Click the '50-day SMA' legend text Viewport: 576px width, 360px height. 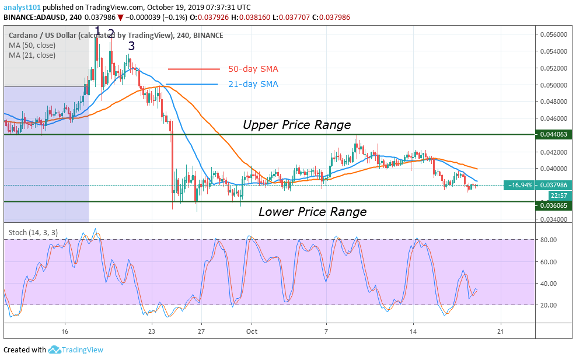point(253,69)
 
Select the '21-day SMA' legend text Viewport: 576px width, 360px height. point(253,84)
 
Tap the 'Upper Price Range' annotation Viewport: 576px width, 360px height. point(296,125)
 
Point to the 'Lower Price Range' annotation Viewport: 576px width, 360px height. point(312,212)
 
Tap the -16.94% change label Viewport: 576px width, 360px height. point(519,186)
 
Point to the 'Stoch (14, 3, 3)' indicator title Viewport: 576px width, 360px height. point(33,232)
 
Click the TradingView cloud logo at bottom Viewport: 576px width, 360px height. point(55,350)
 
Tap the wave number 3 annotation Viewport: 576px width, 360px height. point(132,46)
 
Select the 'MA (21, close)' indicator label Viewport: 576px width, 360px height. point(32,56)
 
